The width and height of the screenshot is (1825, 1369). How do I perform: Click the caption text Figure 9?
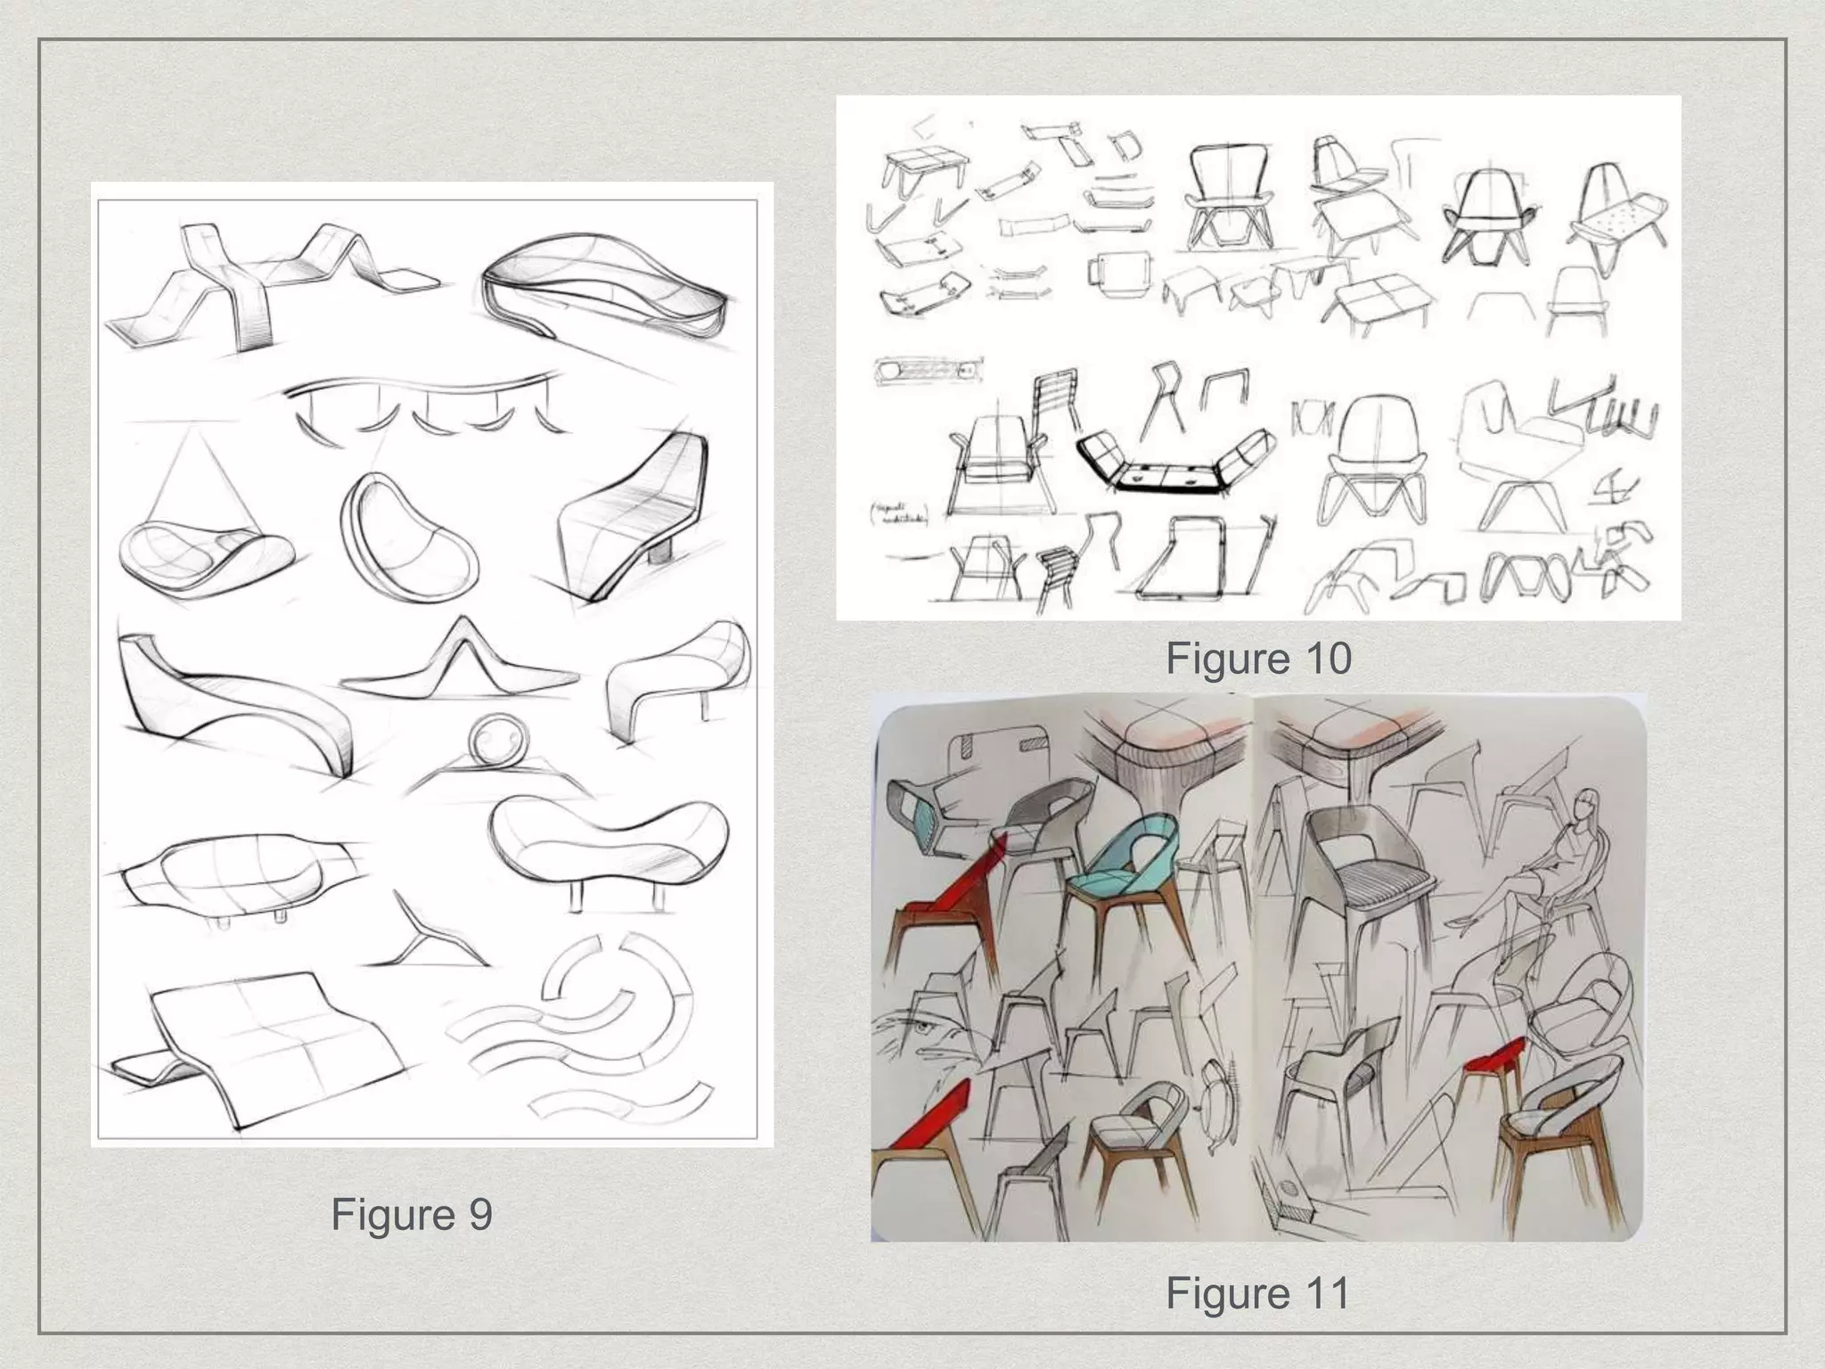[411, 1214]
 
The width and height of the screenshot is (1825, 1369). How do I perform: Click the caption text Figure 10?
[1257, 659]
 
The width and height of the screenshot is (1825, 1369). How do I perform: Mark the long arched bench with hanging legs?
[423, 401]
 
